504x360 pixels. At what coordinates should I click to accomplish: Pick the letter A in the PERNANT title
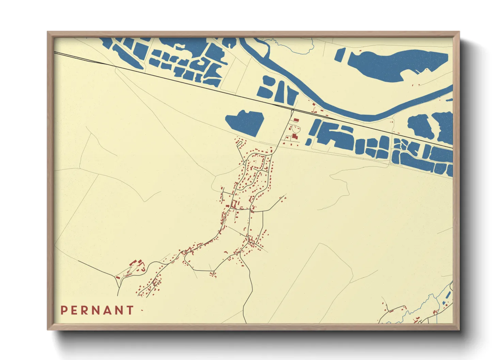tap(108, 310)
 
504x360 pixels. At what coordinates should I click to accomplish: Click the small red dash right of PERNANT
tap(142, 310)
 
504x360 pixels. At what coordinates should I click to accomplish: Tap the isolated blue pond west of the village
tap(245, 122)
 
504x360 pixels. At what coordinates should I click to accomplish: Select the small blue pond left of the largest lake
tap(340, 55)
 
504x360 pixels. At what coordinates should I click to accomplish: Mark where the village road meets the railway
tap(293, 110)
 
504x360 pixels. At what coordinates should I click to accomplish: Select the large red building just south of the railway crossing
tap(295, 136)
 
